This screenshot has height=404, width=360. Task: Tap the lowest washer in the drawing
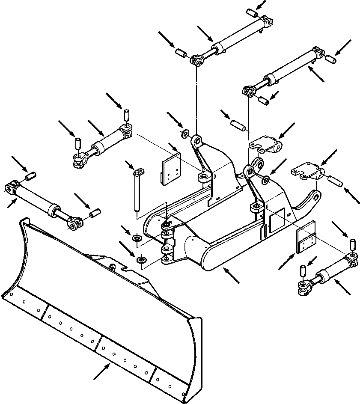click(x=141, y=260)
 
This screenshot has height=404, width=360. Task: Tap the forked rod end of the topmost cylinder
click(x=197, y=60)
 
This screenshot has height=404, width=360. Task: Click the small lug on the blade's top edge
click(x=112, y=267)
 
